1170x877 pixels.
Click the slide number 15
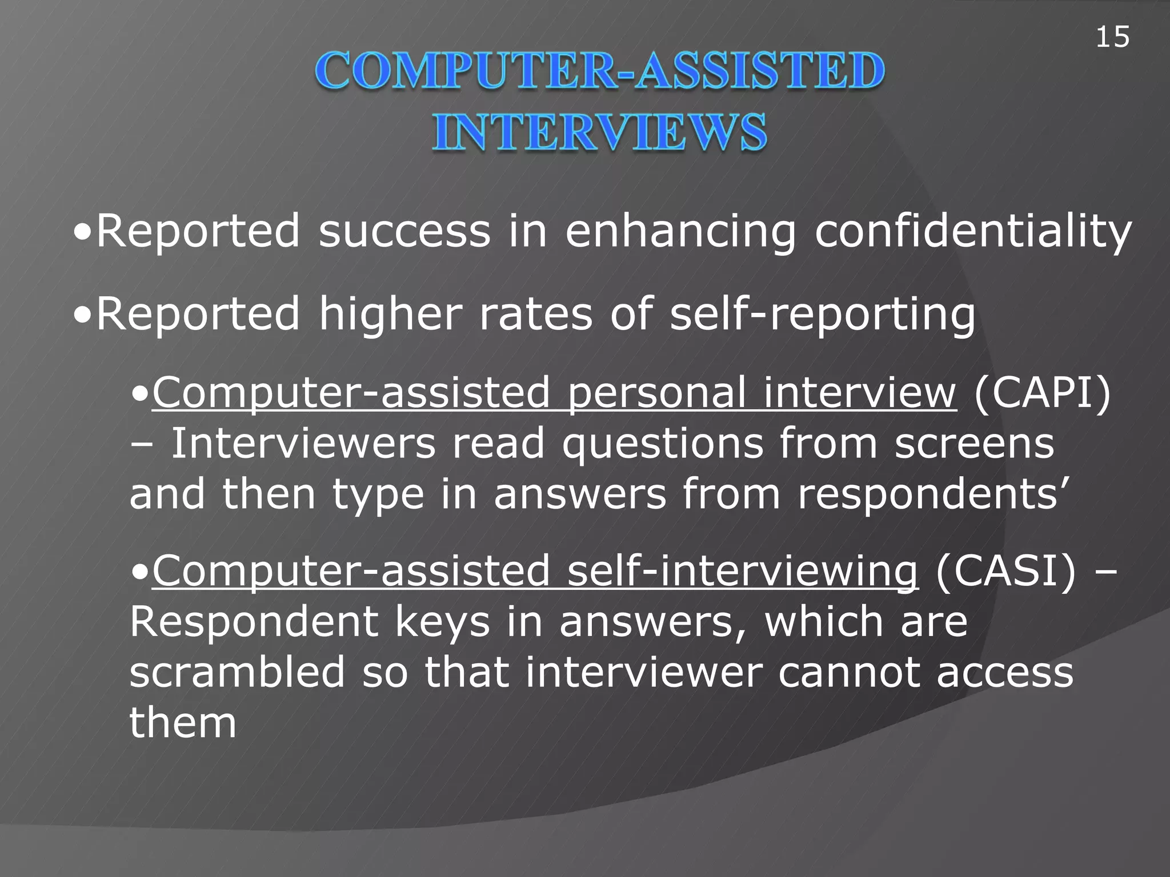point(1112,38)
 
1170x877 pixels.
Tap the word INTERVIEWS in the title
point(599,132)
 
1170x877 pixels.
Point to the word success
point(404,231)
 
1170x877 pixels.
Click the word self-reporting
point(822,315)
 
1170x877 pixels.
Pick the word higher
point(391,314)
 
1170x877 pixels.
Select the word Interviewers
point(303,444)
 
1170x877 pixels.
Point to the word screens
point(974,445)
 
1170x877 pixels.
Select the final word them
point(183,723)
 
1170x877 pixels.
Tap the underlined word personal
point(657,394)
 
